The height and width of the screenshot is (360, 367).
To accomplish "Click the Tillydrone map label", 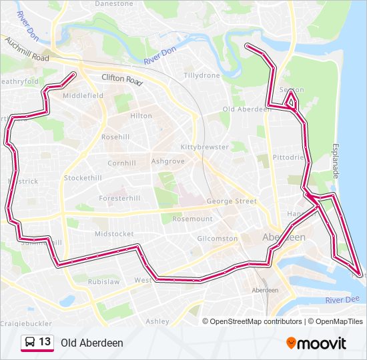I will click(202, 76).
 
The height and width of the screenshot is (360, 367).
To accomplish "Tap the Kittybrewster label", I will click(205, 147).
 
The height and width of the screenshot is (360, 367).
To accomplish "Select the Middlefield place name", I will click(83, 96).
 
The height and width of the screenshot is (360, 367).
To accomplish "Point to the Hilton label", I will click(141, 116).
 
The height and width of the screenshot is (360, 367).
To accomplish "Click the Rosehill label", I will click(115, 137).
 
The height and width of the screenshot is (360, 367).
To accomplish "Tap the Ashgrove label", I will click(167, 161).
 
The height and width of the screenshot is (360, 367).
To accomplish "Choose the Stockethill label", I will click(83, 178).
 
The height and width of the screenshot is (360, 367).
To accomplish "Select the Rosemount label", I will click(192, 219).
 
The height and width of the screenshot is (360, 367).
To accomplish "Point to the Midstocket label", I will click(114, 234).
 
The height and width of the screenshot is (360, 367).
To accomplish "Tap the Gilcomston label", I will click(218, 239).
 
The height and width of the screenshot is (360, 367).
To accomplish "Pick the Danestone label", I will click(114, 3).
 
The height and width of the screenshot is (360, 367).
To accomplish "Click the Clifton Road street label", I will click(122, 80).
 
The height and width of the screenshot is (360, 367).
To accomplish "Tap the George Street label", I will click(232, 201).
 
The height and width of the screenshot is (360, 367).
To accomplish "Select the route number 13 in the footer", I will click(45, 342).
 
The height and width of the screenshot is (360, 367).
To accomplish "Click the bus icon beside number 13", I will click(29, 343).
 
